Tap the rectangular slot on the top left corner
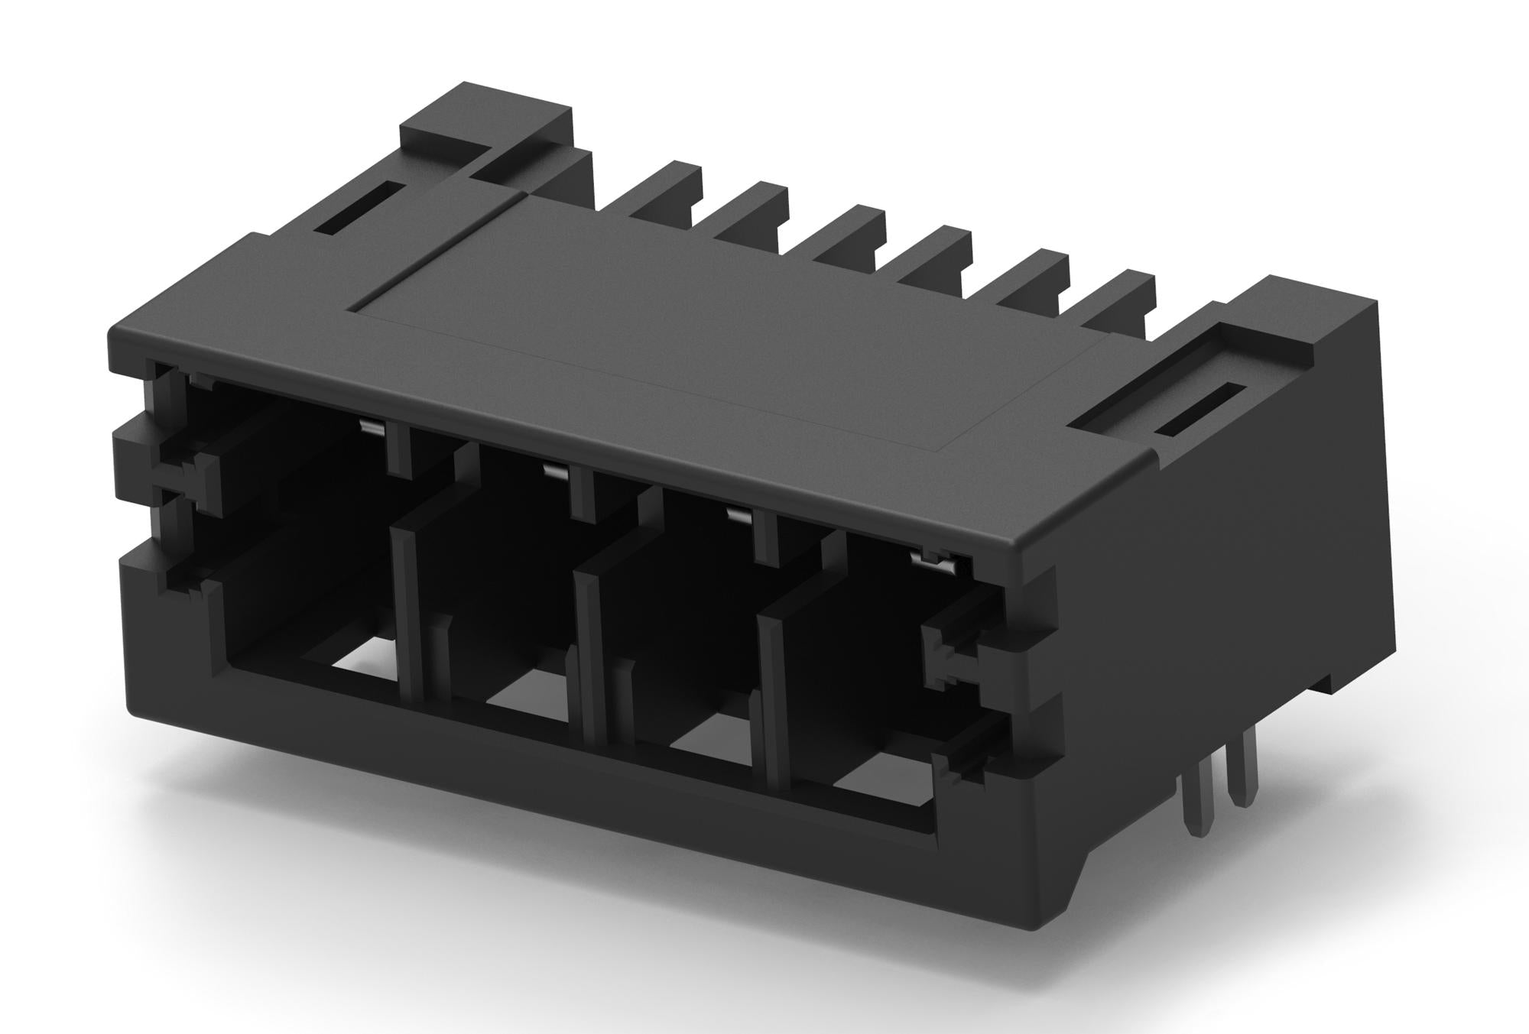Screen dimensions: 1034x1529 (x=359, y=208)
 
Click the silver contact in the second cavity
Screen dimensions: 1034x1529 (x=556, y=472)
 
